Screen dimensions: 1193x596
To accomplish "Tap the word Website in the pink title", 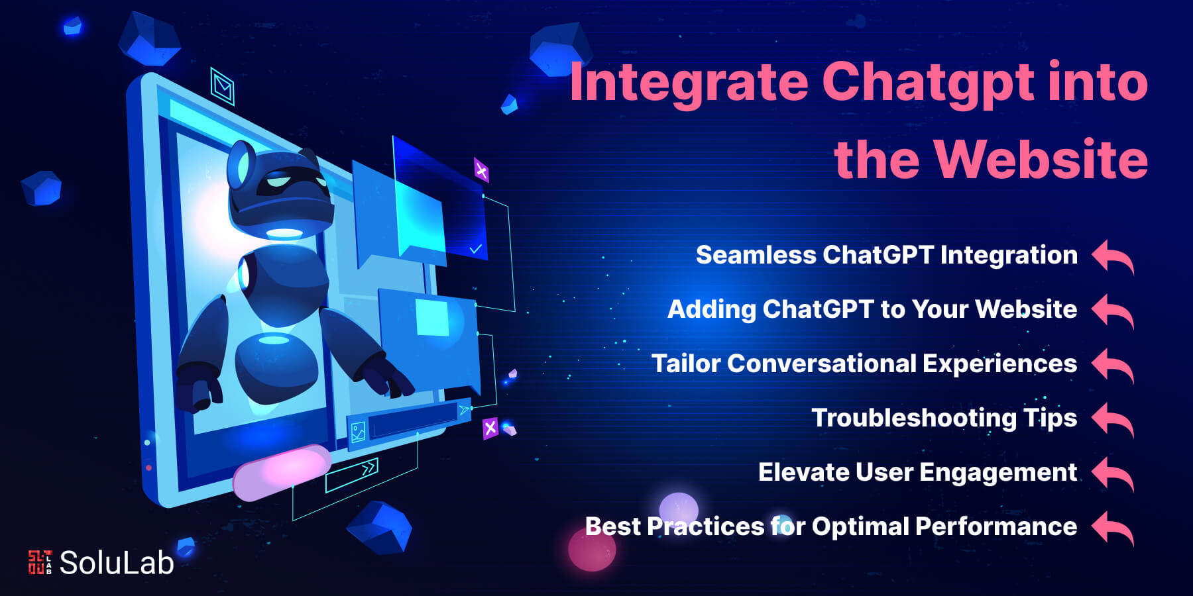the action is (x=1041, y=160).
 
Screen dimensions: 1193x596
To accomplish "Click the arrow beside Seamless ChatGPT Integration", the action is (x=1113, y=256).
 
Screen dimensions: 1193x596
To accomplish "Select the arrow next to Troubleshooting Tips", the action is (x=1113, y=419).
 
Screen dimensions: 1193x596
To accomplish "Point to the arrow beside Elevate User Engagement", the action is (x=1113, y=473).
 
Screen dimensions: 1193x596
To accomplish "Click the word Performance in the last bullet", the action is (x=996, y=526).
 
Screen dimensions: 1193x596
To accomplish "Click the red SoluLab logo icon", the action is (x=40, y=562).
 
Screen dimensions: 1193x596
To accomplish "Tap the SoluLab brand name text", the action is (x=117, y=563).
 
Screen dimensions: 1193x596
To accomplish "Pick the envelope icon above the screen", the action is (x=223, y=86).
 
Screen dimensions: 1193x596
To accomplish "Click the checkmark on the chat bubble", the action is (x=475, y=249).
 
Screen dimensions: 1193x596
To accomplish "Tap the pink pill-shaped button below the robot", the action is (x=282, y=472).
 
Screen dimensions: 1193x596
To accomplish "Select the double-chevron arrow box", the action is (x=352, y=475).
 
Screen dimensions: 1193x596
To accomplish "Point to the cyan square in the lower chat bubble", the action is (x=432, y=317).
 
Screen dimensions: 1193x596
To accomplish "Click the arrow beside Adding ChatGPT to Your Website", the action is (x=1113, y=311).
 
